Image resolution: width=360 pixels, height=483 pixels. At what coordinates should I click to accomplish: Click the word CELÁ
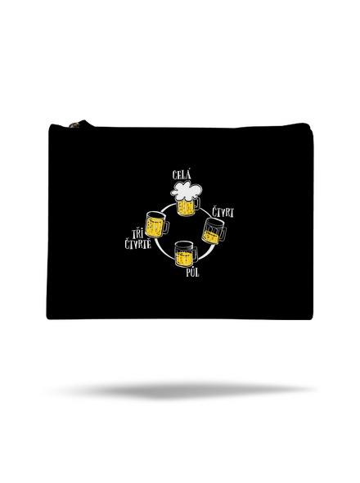coord(182,175)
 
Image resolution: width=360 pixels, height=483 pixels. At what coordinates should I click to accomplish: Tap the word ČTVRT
coord(223,212)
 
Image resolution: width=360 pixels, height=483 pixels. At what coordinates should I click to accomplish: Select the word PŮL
coord(192,273)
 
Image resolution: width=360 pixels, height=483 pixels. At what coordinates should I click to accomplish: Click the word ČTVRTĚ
coord(138,244)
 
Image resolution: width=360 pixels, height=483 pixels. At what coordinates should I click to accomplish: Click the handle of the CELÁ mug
coord(197,203)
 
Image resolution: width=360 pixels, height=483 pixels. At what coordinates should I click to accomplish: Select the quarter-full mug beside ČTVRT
coord(214,231)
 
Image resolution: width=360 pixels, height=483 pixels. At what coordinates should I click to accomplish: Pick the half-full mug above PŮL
coord(186,255)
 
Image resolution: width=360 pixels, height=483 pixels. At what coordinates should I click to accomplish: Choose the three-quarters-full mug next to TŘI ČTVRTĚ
coord(157,225)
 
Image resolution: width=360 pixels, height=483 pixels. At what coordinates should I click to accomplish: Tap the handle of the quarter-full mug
coord(222,234)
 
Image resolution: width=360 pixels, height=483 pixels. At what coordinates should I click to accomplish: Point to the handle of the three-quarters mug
coord(165,227)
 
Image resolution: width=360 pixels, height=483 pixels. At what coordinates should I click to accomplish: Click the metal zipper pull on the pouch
coord(74,124)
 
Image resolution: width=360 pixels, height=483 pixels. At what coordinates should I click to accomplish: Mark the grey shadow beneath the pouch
coord(182,390)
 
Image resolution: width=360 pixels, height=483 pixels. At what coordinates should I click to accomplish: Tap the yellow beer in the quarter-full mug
coord(210,237)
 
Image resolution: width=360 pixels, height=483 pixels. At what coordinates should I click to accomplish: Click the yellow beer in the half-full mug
coord(184,259)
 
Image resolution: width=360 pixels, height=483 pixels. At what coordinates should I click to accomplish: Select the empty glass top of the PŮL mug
coord(184,247)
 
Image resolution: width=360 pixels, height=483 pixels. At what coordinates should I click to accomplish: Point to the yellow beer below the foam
coord(186,207)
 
